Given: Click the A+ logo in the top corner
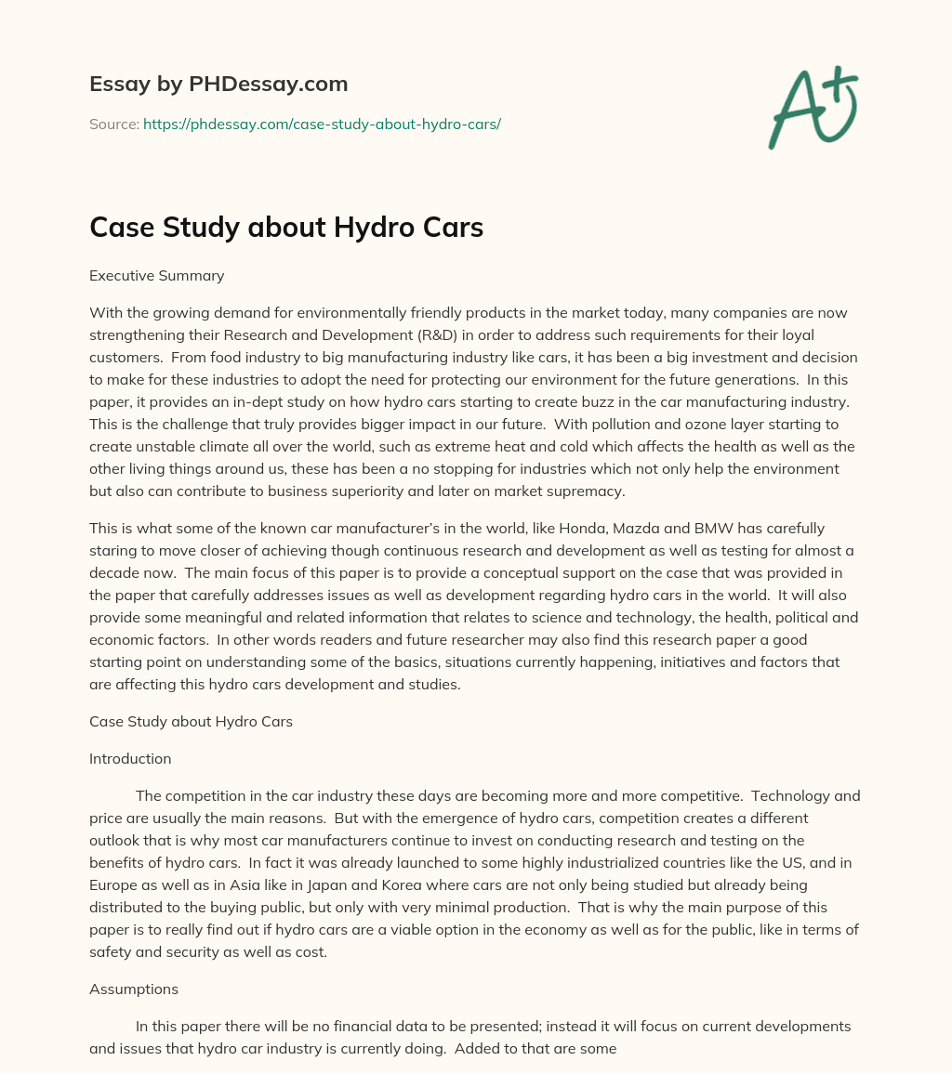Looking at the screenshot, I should click(x=813, y=106).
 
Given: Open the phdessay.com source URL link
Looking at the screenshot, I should click(x=322, y=124).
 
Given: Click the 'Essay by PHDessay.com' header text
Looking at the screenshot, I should click(x=218, y=85).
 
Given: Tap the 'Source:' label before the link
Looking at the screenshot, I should click(x=113, y=124).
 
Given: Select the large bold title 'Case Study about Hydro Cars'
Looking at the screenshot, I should click(x=286, y=228).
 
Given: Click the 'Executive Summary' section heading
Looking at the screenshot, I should click(x=156, y=275).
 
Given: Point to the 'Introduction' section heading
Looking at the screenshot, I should click(x=130, y=758).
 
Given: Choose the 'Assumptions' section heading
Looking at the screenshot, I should click(x=134, y=989).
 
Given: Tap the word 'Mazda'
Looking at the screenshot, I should click(x=650, y=528).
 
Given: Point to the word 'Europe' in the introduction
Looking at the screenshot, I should click(x=113, y=884).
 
